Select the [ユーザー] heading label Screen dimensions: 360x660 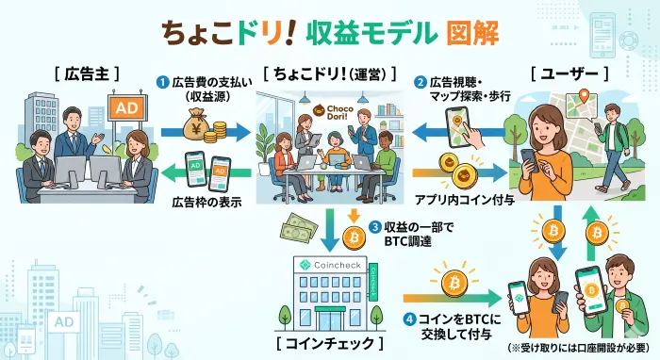(x=564, y=73)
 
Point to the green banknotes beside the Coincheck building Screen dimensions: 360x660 (x=299, y=225)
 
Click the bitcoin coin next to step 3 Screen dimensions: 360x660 (x=355, y=236)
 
